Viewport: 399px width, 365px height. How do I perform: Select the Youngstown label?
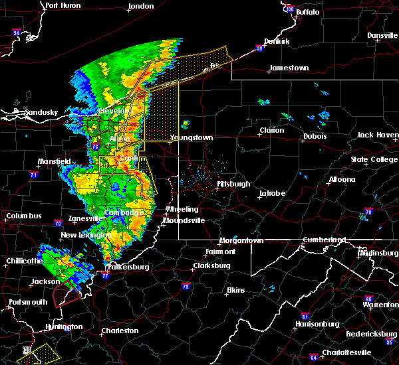[192, 137]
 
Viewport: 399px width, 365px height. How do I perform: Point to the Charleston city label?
[120, 330]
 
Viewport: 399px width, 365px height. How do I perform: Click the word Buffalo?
[307, 12]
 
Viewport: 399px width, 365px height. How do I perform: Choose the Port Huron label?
[63, 5]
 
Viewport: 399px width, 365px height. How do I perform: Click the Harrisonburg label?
[317, 324]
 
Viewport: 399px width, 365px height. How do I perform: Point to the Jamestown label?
[289, 68]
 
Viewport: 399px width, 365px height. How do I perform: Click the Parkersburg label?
[128, 267]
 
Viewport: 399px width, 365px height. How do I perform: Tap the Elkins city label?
[235, 290]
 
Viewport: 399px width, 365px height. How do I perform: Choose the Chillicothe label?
[22, 261]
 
